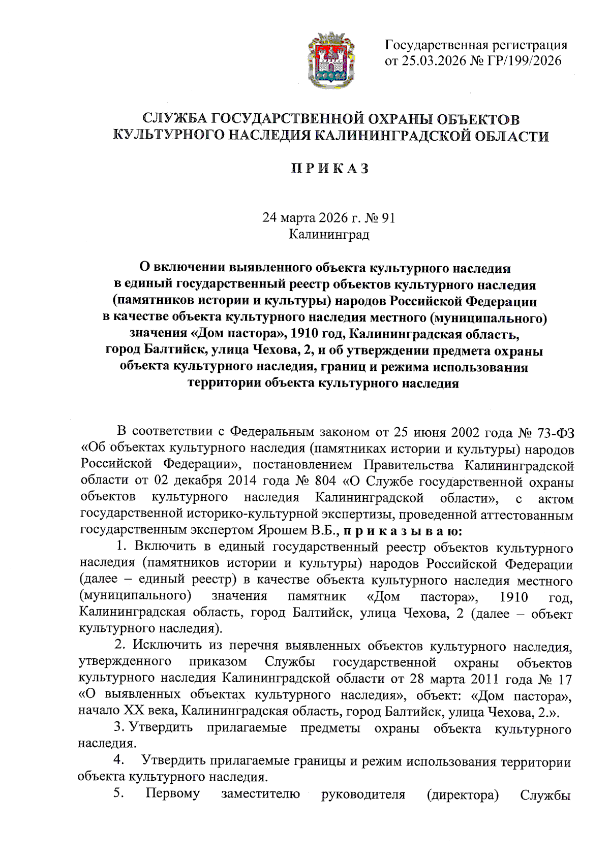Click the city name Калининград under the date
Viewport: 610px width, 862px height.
[x=329, y=235]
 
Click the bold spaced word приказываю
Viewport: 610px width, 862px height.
[x=403, y=531]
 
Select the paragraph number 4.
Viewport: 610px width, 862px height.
[x=119, y=760]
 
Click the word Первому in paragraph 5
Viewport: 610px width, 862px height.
[x=173, y=793]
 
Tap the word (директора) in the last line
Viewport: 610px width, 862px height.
[x=463, y=794]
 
